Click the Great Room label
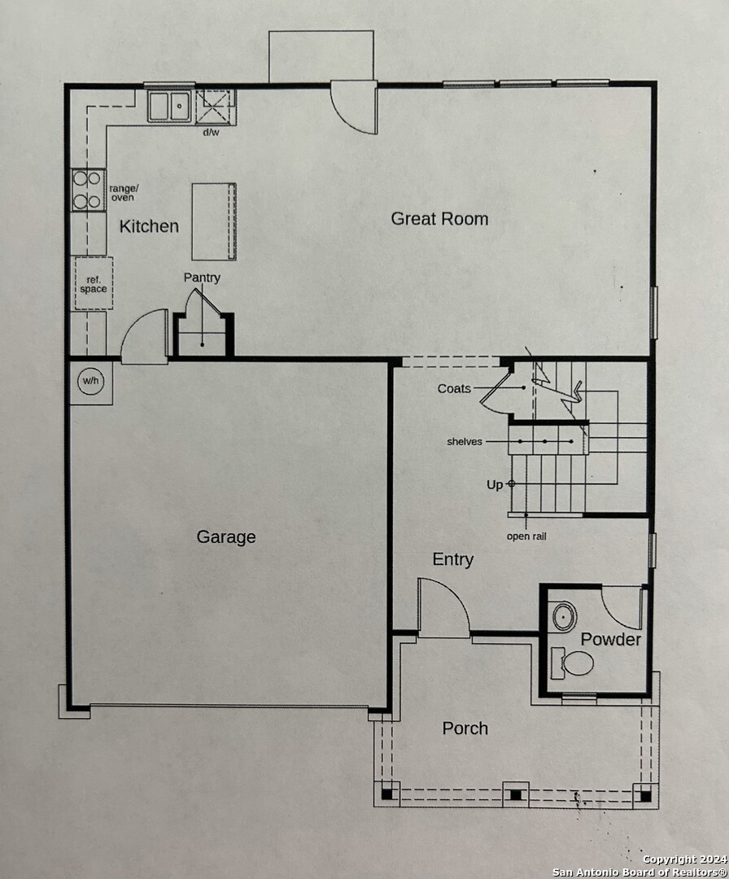(439, 218)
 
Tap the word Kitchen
(149, 226)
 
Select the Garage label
(226, 536)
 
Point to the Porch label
(465, 728)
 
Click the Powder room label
(610, 640)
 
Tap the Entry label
(453, 559)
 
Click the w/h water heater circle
(89, 381)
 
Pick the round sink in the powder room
(564, 617)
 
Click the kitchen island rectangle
(214, 221)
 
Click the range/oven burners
(88, 189)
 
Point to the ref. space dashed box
(93, 283)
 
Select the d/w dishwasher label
(211, 132)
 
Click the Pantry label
(202, 278)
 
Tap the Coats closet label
(454, 388)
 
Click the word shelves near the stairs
(464, 442)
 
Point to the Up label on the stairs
(495, 484)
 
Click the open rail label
(526, 536)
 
